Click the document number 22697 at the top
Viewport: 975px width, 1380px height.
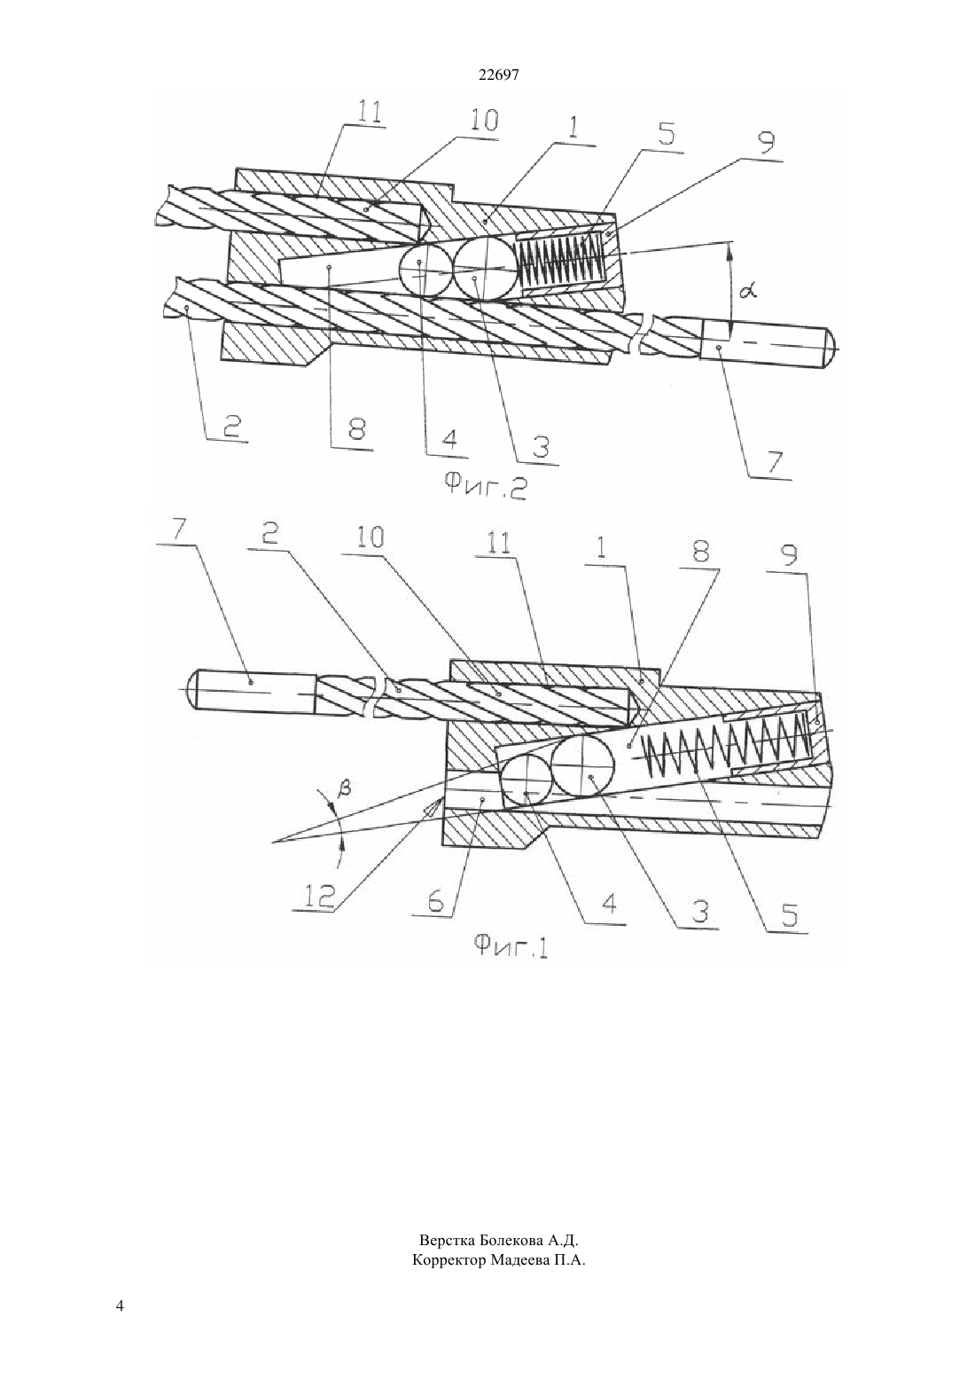498,74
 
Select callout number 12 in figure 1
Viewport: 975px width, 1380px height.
319,895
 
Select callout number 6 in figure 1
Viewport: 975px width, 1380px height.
435,901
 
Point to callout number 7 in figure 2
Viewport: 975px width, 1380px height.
774,461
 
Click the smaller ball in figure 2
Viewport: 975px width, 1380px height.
423,271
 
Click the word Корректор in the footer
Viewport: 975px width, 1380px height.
448,1261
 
